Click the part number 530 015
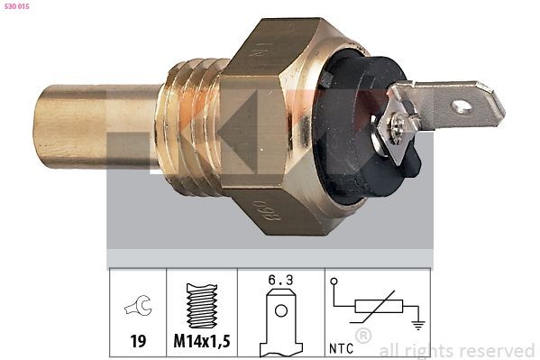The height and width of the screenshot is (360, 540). point(19,8)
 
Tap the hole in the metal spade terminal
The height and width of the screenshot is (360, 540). point(462,106)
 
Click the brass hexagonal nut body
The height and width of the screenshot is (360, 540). point(270,126)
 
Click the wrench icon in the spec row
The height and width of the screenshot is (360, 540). point(138,308)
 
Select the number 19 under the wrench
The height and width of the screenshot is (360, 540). point(139,343)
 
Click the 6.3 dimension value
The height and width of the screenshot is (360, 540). point(281,281)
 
